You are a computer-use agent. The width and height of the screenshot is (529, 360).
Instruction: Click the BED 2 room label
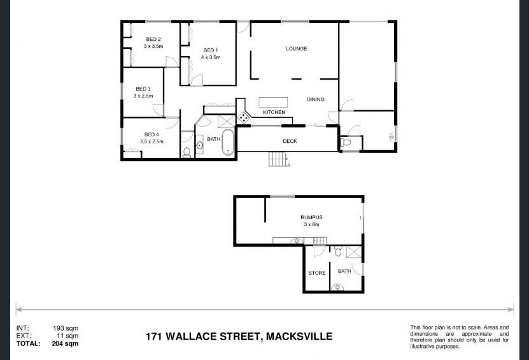click(x=153, y=39)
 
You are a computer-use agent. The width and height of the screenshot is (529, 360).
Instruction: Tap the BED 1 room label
click(x=211, y=50)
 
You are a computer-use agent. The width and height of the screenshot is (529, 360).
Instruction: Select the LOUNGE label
click(x=297, y=48)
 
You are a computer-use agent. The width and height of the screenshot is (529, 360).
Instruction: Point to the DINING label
click(x=316, y=99)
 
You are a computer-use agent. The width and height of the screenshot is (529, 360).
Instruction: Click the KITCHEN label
click(x=274, y=112)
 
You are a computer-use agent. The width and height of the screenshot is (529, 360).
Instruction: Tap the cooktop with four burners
click(x=243, y=117)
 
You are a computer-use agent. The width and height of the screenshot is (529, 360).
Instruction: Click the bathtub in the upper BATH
click(x=228, y=142)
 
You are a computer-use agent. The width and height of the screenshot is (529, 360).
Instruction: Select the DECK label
click(x=290, y=141)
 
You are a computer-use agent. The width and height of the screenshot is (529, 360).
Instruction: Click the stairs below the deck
click(x=279, y=159)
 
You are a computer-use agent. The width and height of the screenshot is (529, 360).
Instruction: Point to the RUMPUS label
click(x=311, y=217)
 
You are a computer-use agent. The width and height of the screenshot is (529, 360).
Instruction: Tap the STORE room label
click(x=317, y=273)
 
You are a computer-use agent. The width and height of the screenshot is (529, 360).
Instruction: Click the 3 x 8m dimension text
click(x=311, y=224)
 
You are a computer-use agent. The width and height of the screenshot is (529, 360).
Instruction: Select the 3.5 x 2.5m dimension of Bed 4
click(x=152, y=141)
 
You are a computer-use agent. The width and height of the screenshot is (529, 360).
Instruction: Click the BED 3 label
click(x=143, y=89)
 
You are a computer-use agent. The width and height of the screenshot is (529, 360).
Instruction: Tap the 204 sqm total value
click(x=65, y=344)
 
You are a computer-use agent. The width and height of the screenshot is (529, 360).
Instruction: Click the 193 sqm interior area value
click(x=66, y=328)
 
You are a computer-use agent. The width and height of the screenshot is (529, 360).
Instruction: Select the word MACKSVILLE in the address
click(x=299, y=336)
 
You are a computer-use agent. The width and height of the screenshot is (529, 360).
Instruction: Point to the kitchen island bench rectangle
click(x=273, y=103)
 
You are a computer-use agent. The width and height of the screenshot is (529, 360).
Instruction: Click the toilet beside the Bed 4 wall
click(x=187, y=152)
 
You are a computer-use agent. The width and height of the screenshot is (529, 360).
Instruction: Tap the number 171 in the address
click(x=154, y=336)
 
